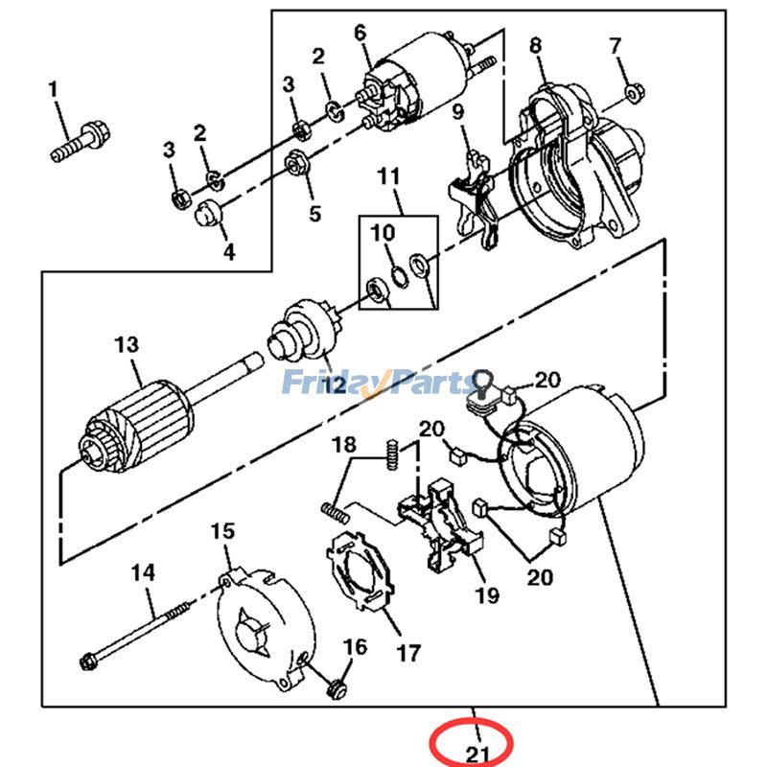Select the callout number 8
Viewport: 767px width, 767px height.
(535, 45)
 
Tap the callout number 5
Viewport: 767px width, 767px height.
(315, 213)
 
